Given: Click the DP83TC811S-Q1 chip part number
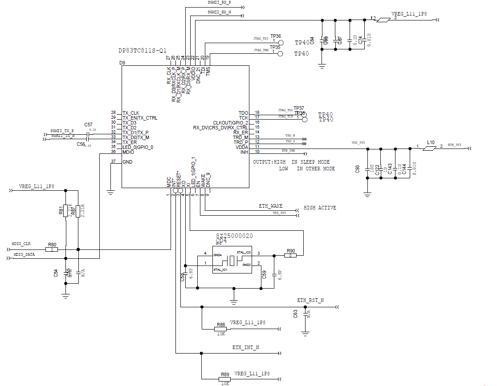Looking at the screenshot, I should pyautogui.click(x=143, y=51).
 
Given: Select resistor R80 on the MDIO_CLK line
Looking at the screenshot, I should pyautogui.click(x=52, y=249).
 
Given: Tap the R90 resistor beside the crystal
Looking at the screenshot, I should pyautogui.click(x=290, y=255).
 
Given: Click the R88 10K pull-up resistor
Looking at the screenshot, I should pyautogui.click(x=220, y=329).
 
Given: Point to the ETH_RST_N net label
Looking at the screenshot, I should pyautogui.click(x=310, y=301).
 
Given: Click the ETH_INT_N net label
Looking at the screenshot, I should pyautogui.click(x=245, y=347).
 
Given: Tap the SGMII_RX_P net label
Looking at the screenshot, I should pyautogui.click(x=219, y=2).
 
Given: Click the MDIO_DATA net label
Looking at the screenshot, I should pyautogui.click(x=24, y=254).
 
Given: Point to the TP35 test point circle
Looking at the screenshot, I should pyautogui.click(x=280, y=54).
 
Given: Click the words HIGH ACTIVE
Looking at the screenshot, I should pyautogui.click(x=320, y=208).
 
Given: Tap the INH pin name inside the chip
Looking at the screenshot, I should pyautogui.click(x=244, y=152).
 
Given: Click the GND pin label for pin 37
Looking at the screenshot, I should pyautogui.click(x=127, y=162).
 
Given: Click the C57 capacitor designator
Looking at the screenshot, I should pyautogui.click(x=88, y=125).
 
